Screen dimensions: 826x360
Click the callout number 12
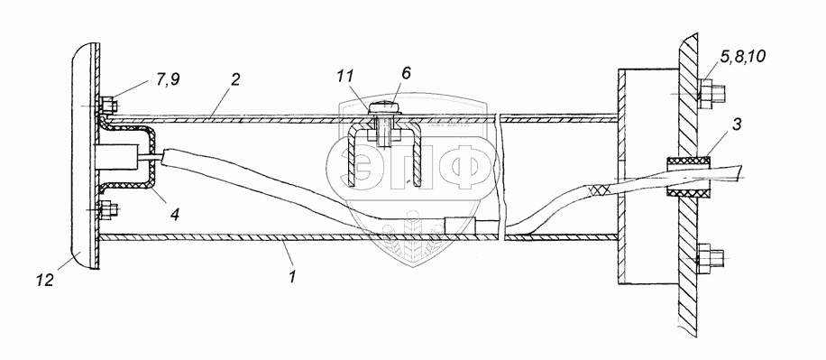pos(45,281)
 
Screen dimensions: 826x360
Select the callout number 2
pos(235,79)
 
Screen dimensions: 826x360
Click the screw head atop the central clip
pos(384,108)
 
